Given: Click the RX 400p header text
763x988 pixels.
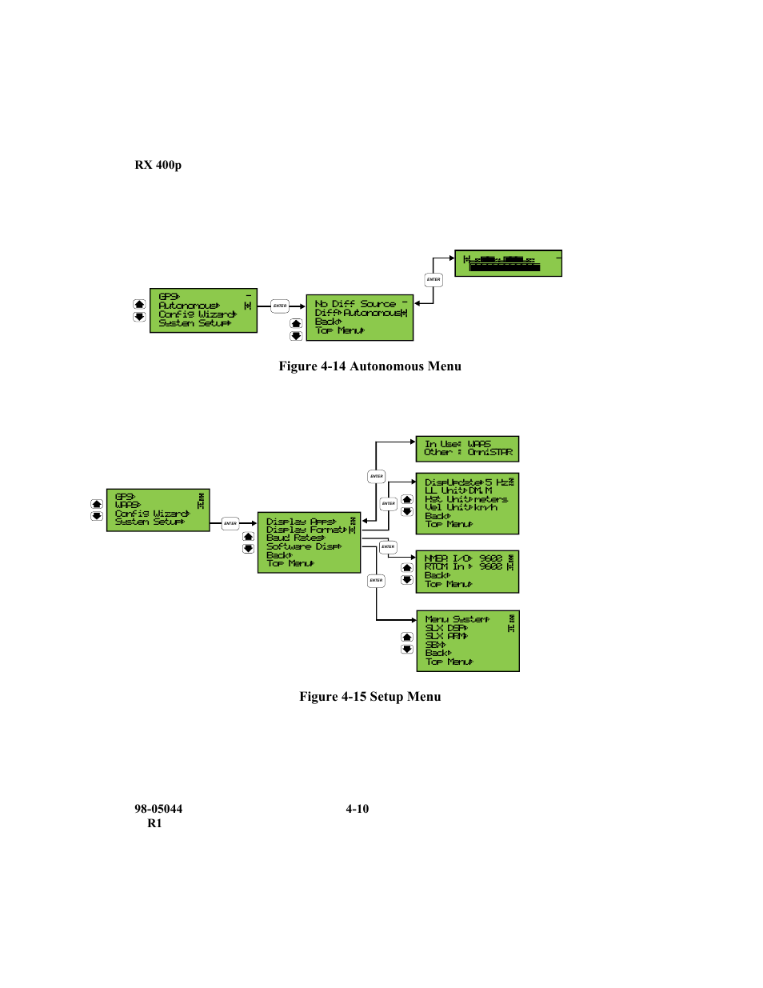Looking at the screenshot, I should [158, 165].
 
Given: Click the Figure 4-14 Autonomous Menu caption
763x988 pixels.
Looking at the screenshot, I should [370, 366].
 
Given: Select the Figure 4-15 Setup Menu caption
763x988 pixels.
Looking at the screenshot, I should [370, 697].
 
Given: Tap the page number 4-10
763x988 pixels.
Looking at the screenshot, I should [357, 809].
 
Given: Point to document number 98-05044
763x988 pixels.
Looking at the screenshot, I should [158, 809].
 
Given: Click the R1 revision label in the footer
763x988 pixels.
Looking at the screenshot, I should [154, 823].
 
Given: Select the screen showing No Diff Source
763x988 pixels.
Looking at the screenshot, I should [359, 317].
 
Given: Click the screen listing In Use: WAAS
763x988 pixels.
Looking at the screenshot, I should [467, 449].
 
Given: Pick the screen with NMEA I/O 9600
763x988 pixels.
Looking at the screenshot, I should [467, 571].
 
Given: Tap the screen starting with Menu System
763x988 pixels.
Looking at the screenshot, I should [467, 641].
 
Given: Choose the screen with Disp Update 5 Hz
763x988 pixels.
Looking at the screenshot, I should [467, 503].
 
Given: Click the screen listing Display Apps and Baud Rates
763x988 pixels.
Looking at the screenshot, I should [309, 542].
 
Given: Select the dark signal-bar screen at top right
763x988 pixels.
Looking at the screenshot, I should [508, 263].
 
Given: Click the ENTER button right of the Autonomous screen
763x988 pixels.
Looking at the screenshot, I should [280, 306].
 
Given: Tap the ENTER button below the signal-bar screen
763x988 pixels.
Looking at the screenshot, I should [433, 279].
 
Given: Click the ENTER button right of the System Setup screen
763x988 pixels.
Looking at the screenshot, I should [230, 523].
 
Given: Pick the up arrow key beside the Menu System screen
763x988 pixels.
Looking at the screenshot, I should [407, 638].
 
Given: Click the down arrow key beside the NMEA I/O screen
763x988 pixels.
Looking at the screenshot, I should [407, 580].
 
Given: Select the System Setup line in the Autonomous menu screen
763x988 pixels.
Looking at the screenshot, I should [194, 323].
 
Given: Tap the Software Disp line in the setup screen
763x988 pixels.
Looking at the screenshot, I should [303, 546].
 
